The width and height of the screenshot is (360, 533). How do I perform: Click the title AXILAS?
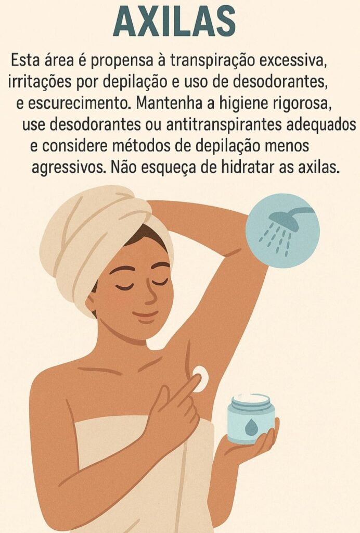[x=174, y=22]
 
